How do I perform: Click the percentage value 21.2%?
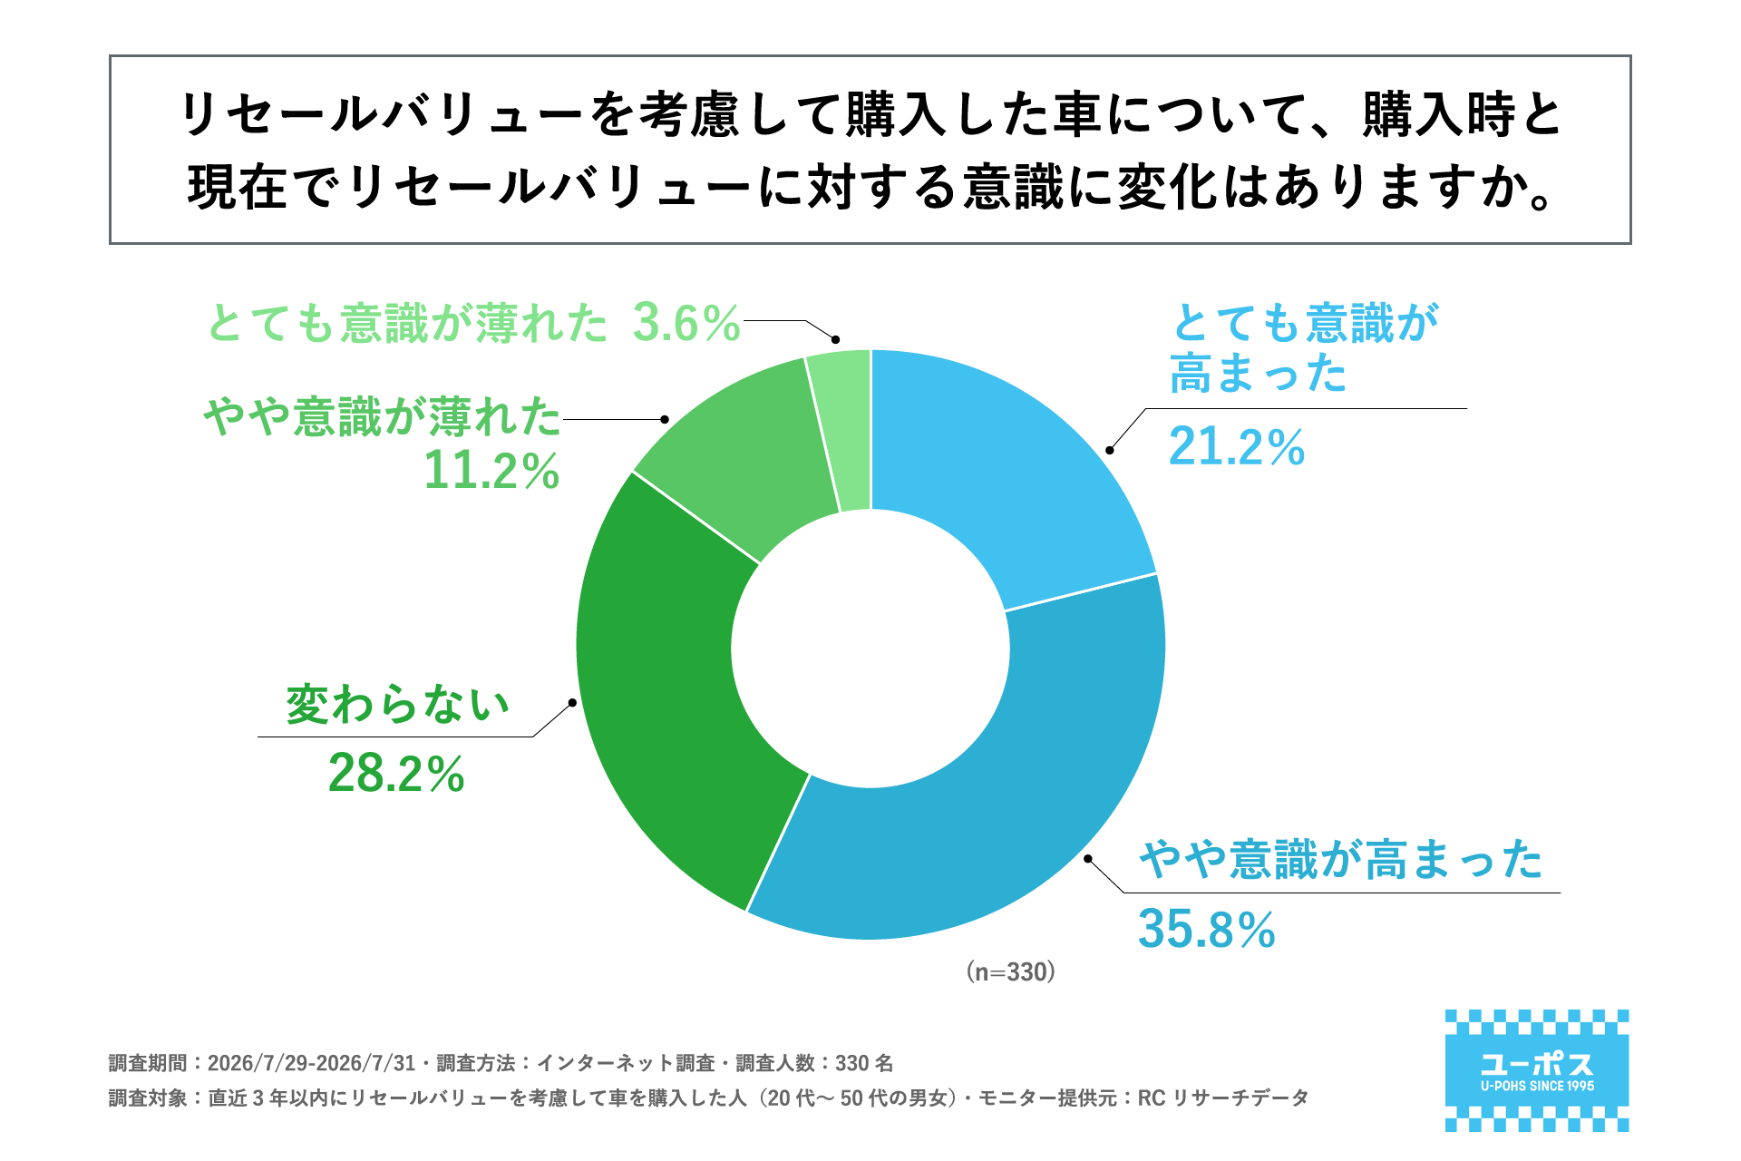(x=1237, y=447)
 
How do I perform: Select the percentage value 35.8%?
(x=1207, y=929)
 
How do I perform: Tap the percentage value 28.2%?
(x=396, y=774)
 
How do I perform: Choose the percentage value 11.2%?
(x=491, y=471)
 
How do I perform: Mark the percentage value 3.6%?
(x=686, y=323)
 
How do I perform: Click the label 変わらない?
(x=398, y=705)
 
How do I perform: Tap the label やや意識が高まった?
(x=1341, y=859)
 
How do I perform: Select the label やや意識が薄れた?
(x=382, y=416)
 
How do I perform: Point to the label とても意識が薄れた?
(x=407, y=323)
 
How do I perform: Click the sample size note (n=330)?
(x=1011, y=972)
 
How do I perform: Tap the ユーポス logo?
(x=1537, y=1070)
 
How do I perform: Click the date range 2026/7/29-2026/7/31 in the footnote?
(x=311, y=1063)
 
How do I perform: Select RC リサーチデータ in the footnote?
(x=1223, y=1098)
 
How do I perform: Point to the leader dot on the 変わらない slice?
(x=572, y=703)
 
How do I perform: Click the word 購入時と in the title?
(x=1462, y=117)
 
